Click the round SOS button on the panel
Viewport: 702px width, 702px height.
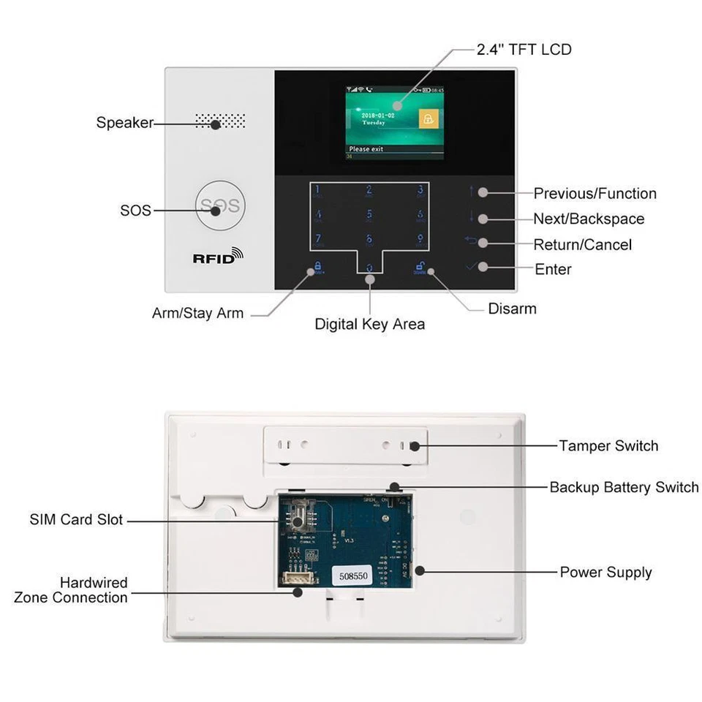pyautogui.click(x=218, y=207)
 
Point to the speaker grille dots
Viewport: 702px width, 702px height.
pyautogui.click(x=219, y=121)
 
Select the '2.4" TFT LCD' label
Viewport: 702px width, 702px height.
pyautogui.click(x=524, y=50)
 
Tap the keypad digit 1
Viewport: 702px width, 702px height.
pyautogui.click(x=318, y=192)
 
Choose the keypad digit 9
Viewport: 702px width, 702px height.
pyautogui.click(x=420, y=240)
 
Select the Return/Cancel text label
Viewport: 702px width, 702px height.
pyautogui.click(x=582, y=244)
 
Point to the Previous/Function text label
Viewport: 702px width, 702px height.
pyautogui.click(x=595, y=194)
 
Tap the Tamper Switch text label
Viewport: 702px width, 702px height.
pyautogui.click(x=608, y=446)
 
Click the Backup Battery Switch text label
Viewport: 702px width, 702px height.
pyautogui.click(x=624, y=487)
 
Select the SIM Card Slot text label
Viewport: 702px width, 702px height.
pyautogui.click(x=77, y=520)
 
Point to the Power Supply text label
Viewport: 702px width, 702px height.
pyautogui.click(x=605, y=572)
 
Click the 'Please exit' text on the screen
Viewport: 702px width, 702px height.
pyautogui.click(x=366, y=148)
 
